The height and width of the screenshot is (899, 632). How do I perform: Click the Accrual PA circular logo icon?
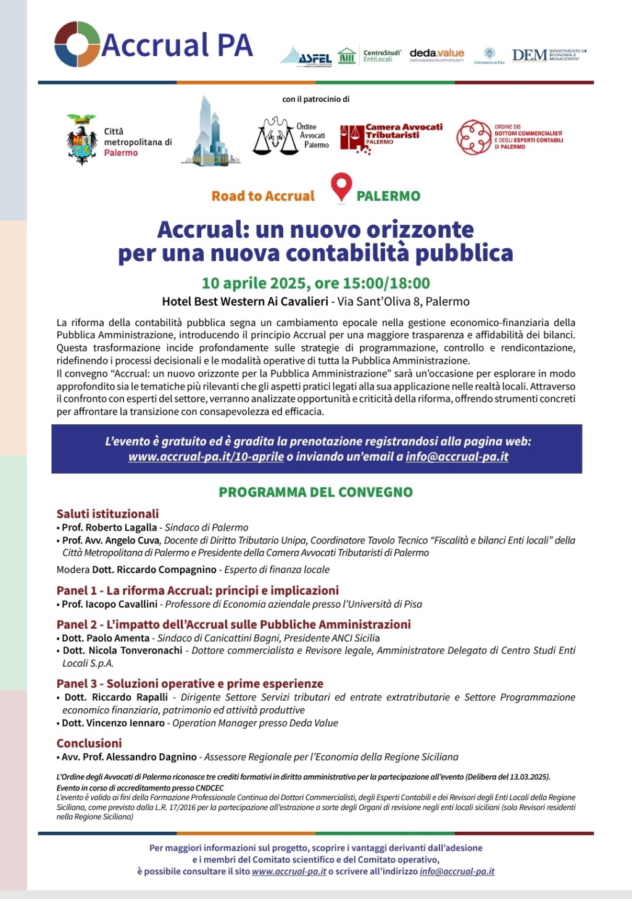click(77, 44)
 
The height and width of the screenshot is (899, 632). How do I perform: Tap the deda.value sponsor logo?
click(436, 55)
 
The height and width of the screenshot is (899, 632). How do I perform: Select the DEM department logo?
click(548, 55)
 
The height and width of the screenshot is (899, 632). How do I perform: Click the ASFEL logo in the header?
click(306, 57)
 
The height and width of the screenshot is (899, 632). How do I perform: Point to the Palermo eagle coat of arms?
click(81, 140)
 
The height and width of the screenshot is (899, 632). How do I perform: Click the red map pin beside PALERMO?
click(341, 188)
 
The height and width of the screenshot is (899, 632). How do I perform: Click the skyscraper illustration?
click(210, 131)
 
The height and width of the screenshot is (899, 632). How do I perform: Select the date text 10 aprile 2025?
click(255, 283)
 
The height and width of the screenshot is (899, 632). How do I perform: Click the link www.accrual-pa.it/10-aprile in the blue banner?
click(206, 457)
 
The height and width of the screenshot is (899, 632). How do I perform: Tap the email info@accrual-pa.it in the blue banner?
click(457, 457)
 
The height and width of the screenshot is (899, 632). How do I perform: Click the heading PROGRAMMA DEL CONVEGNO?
click(315, 492)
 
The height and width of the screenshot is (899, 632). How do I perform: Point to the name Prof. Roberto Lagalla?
click(109, 527)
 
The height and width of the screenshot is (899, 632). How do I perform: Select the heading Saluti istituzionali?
click(107, 514)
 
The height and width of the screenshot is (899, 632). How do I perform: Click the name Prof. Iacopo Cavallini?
click(110, 604)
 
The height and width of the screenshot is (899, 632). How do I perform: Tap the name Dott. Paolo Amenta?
click(106, 638)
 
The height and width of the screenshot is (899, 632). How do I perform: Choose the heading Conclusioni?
click(89, 743)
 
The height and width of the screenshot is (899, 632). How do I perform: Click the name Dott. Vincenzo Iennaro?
click(113, 723)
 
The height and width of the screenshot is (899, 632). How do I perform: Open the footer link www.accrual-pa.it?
click(289, 871)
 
